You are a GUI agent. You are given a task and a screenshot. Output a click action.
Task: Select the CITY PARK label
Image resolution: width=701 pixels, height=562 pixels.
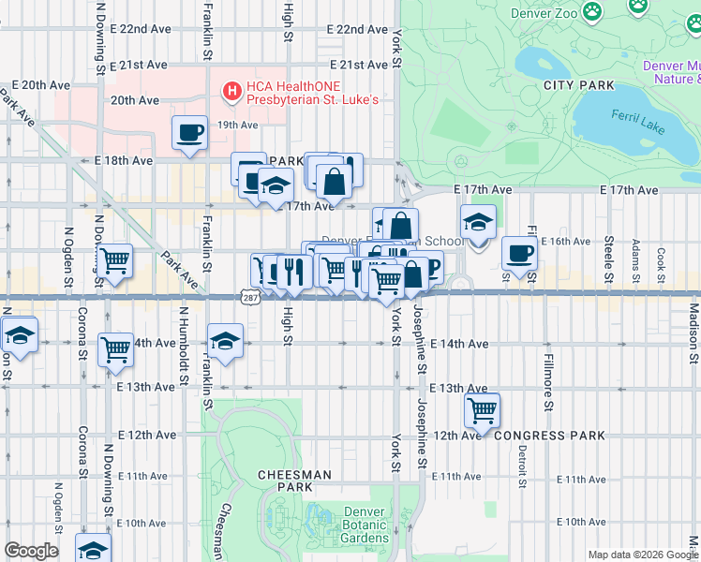coord(579,85)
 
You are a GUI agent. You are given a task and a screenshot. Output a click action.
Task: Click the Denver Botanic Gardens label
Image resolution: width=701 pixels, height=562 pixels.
coord(365,525)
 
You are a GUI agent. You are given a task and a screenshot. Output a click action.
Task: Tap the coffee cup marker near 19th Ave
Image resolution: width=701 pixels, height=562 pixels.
coord(190,132)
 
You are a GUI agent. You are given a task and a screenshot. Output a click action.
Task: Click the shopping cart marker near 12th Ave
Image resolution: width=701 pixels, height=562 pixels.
coord(482,409)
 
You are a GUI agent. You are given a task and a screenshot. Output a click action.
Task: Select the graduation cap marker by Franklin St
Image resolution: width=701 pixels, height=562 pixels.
coord(225,342)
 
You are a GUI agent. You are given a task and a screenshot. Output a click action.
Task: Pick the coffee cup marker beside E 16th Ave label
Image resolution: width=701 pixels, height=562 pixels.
coord(519,251)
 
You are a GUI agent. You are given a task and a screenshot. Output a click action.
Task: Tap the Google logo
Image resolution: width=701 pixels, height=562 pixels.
coord(31,551)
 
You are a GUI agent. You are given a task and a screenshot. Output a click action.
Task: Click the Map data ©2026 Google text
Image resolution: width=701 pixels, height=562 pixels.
coord(642,555)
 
